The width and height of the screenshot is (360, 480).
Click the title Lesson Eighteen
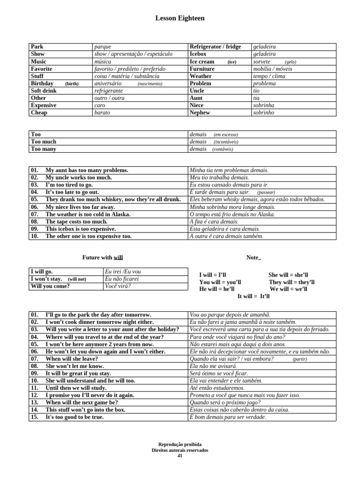[180, 18]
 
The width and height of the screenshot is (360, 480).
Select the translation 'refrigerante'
[108, 90]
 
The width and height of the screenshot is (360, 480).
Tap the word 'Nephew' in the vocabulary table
[200, 112]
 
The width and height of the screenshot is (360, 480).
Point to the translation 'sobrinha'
[263, 105]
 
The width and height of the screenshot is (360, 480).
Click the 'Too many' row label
[43, 149]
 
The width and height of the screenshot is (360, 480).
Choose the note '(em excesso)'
[225, 135]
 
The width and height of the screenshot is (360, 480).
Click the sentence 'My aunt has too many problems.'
[87, 170]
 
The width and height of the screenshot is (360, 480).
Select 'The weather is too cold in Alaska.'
[88, 214]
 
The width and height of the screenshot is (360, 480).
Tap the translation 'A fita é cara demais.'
[214, 222]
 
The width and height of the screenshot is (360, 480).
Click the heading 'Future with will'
[103, 257]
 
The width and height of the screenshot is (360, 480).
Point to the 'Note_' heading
[254, 257]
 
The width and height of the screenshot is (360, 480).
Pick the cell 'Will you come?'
[50, 286]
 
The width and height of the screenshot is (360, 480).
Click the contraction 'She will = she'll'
[288, 275]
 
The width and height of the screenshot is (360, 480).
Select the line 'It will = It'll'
[254, 296]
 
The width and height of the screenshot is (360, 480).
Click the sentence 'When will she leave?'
[72, 359]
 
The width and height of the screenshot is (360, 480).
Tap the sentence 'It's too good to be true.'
[75, 417]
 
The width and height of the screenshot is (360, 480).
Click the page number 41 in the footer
[180, 456]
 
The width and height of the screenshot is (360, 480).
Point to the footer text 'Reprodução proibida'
[180, 444]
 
